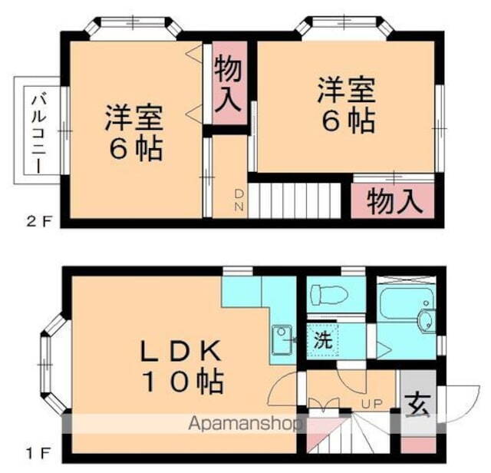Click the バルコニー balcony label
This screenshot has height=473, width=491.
(x=36, y=131)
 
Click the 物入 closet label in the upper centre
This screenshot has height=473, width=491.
(x=229, y=84)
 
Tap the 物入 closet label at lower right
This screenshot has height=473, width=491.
(x=394, y=202)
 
